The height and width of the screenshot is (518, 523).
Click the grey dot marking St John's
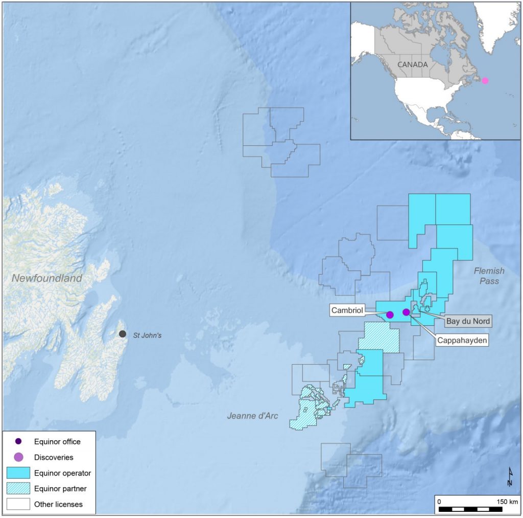click(123, 334)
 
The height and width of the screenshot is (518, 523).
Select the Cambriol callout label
click(348, 310)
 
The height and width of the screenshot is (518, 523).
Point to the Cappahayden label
click(462, 339)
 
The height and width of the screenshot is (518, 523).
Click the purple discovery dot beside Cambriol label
click(390, 314)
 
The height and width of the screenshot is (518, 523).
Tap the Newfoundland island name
click(47, 279)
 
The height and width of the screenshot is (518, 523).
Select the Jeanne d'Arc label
click(252, 416)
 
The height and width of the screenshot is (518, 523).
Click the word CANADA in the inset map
click(412, 65)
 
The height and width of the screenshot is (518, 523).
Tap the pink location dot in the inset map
click(485, 80)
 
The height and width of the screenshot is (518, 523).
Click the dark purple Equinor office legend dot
click(18, 441)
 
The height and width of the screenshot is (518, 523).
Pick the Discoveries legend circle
click(18, 457)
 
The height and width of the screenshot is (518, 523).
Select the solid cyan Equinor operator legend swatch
click(18, 473)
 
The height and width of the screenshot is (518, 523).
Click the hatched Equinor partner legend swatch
click(18, 489)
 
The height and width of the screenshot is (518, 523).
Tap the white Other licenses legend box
click(18, 504)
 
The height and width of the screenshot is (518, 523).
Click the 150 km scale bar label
click(507, 501)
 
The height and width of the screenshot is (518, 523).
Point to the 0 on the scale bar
click(440, 501)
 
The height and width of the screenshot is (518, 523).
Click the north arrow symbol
click(509, 477)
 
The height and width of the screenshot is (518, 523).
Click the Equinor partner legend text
click(60, 489)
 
